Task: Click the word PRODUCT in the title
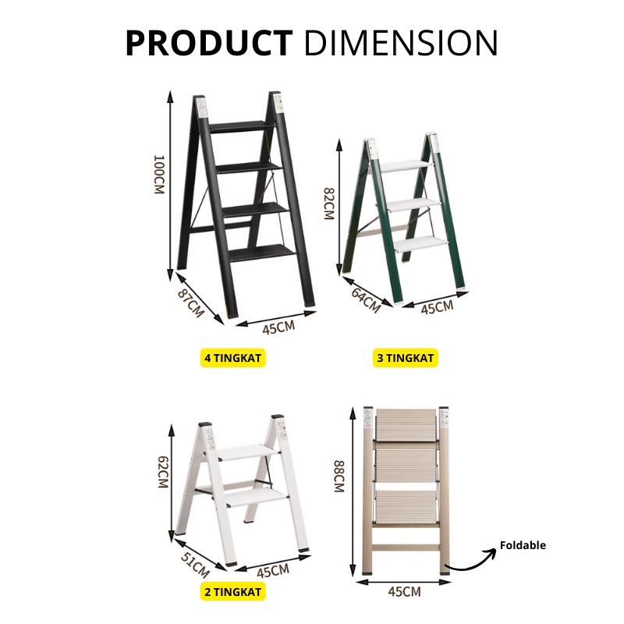(x=209, y=43)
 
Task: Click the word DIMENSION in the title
(x=401, y=43)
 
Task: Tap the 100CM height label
(x=159, y=174)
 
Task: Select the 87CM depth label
(x=191, y=303)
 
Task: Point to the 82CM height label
(x=329, y=204)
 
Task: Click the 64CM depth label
(x=366, y=299)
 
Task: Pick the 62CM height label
(x=163, y=472)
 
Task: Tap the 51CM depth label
(x=195, y=565)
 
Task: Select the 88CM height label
(x=339, y=477)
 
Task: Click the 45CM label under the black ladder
(x=278, y=327)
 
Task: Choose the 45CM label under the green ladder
(x=437, y=307)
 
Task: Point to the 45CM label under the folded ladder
(x=404, y=592)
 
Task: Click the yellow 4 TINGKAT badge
(x=232, y=358)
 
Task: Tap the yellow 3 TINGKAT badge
(x=405, y=358)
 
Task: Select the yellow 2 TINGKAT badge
(x=232, y=592)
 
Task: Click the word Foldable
(x=523, y=545)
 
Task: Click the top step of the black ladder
(x=243, y=126)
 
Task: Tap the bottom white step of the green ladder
(x=421, y=243)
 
